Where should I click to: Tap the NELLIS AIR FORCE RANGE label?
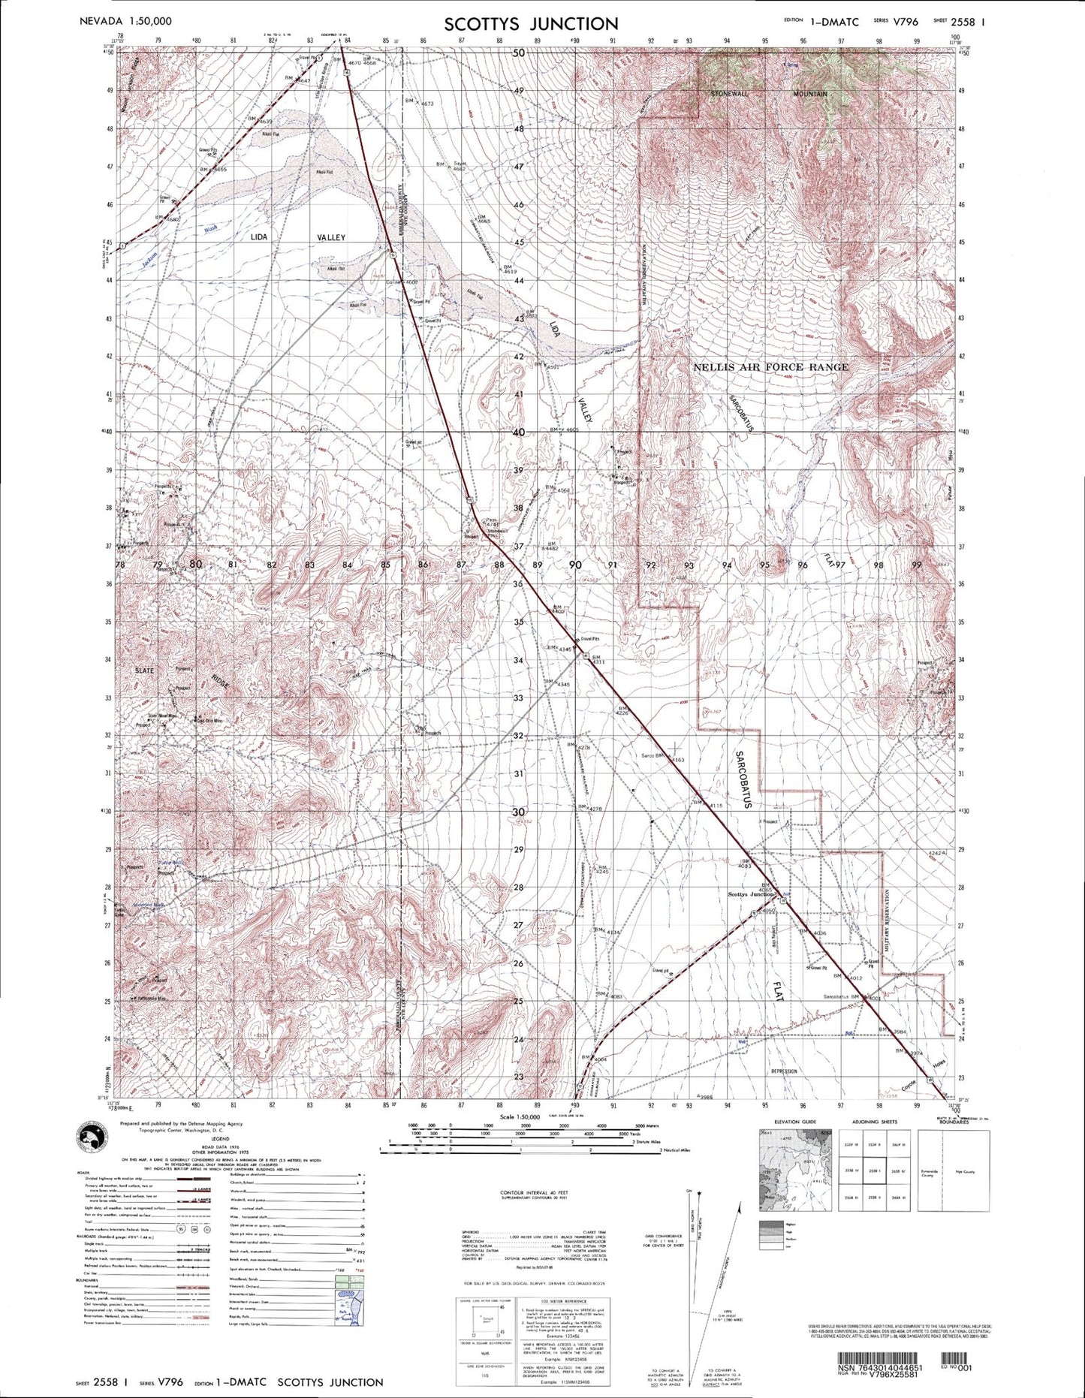click(770, 367)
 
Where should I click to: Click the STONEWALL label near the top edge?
click(731, 94)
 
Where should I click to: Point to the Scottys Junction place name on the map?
click(750, 894)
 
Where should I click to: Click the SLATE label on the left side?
click(144, 670)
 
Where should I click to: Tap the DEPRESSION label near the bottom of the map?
click(783, 1071)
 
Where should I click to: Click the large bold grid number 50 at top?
click(519, 53)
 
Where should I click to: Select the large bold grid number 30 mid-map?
click(518, 812)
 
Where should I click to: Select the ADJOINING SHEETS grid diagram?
click(874, 1170)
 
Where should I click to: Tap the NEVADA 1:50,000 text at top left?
click(125, 21)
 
